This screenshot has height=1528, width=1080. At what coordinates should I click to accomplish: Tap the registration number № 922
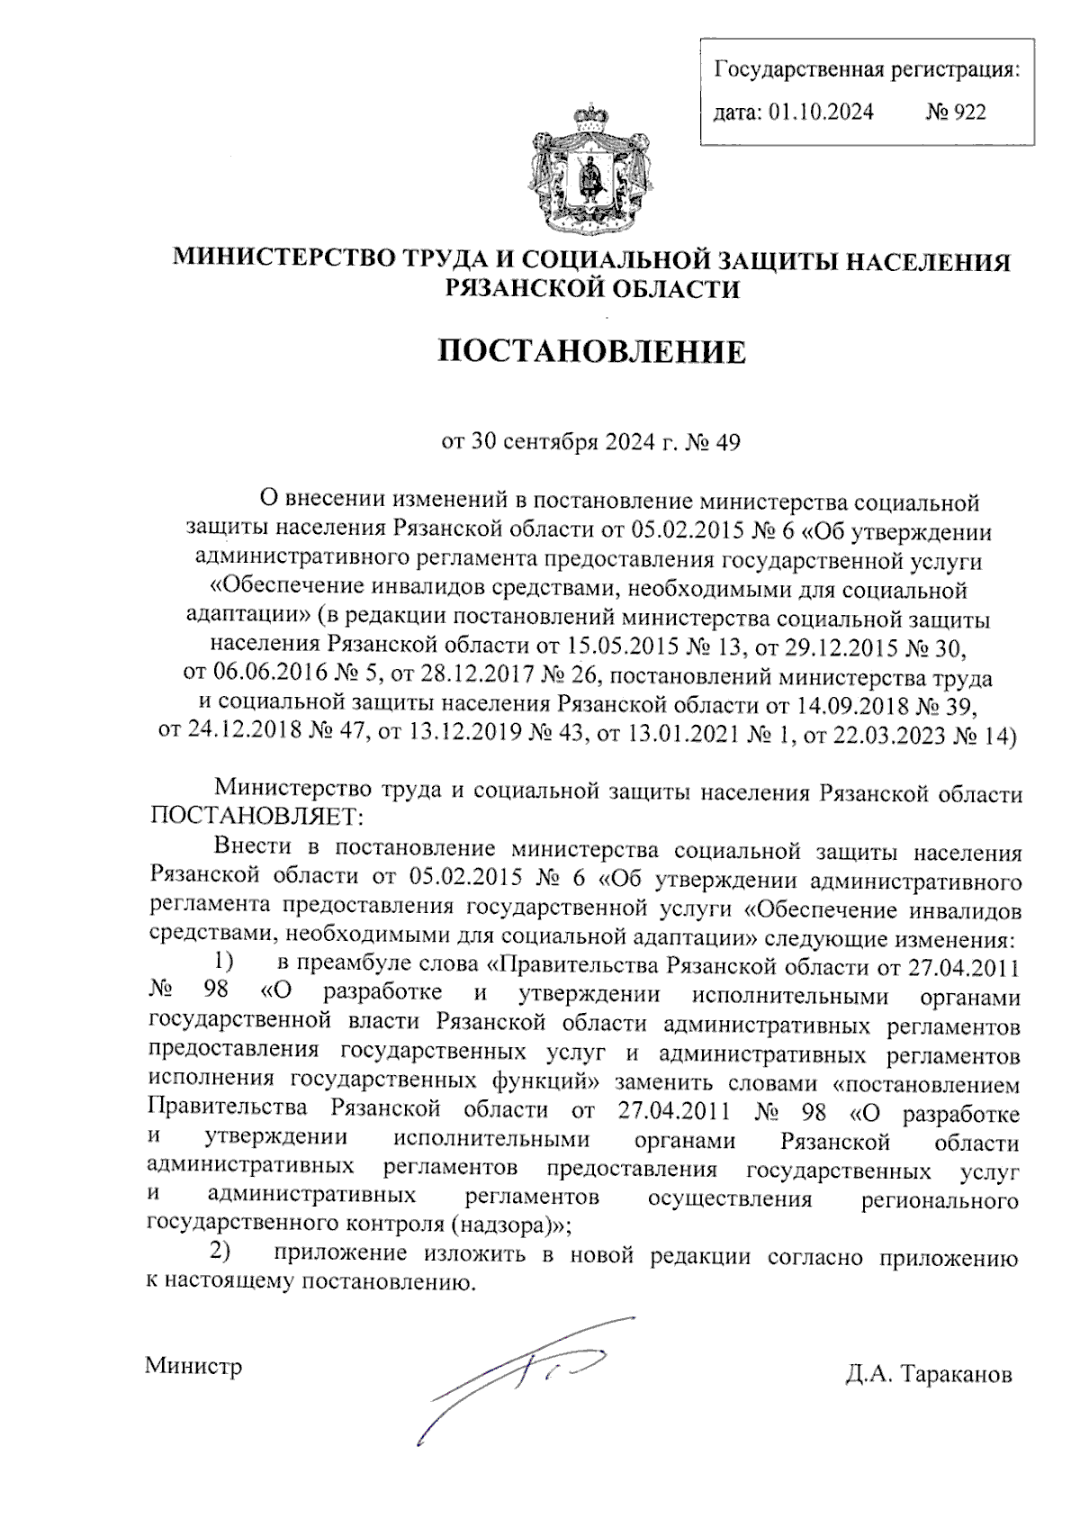[956, 112]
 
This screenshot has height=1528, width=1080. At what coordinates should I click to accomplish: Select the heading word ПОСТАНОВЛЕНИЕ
[591, 352]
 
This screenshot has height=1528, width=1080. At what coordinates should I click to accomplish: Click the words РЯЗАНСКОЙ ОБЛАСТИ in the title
[592, 289]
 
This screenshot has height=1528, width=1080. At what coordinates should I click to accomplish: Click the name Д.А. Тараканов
[928, 1375]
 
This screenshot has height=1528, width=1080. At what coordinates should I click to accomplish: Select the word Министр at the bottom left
[193, 1366]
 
